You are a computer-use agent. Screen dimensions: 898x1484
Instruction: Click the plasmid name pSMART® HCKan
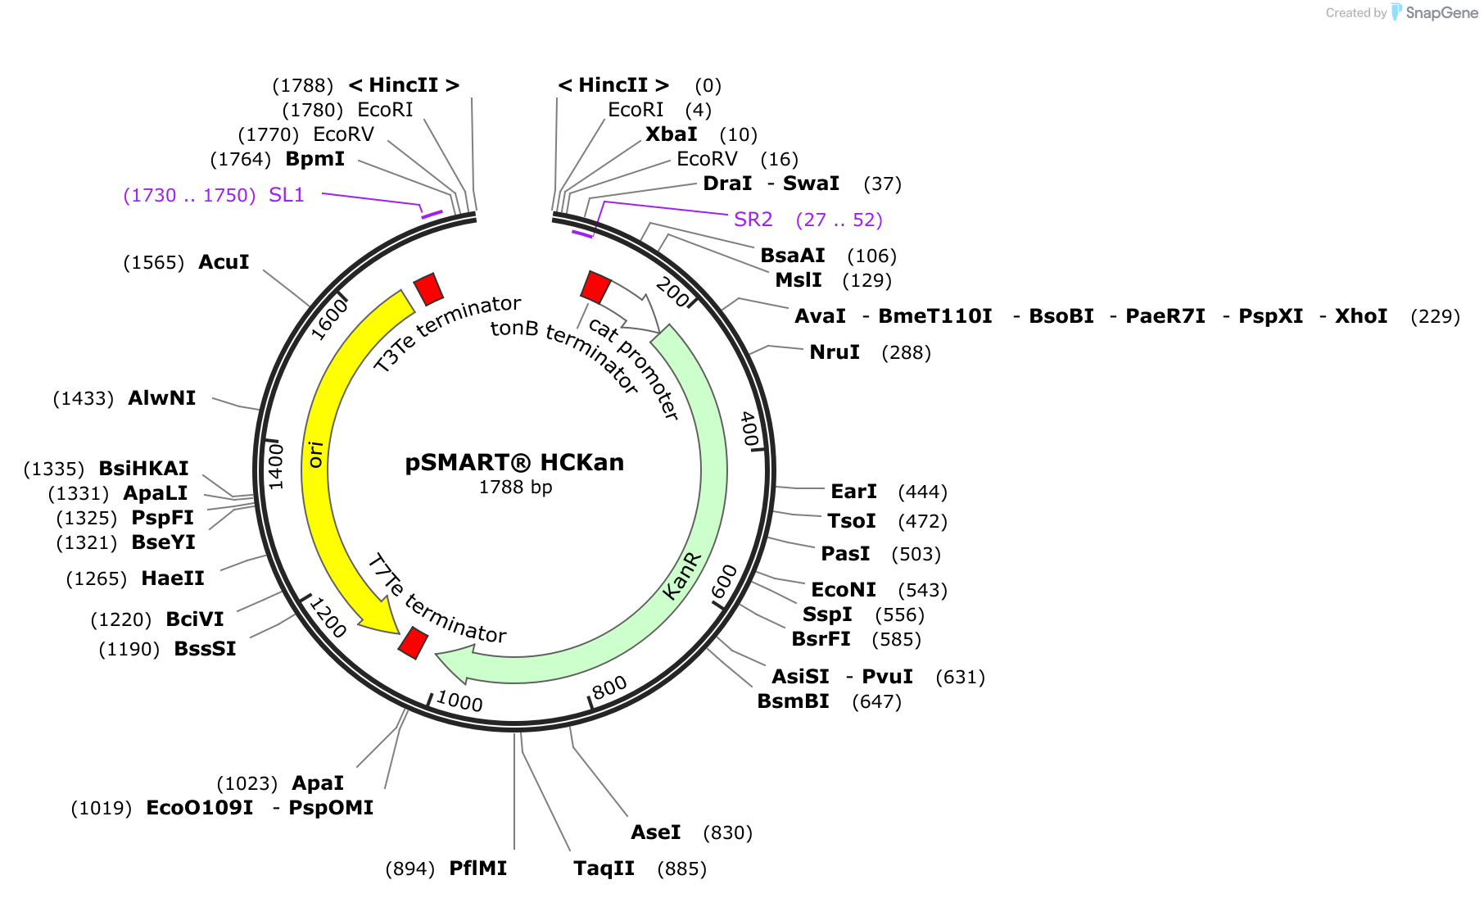coord(514,463)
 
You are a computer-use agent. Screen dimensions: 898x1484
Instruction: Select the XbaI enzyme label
coord(671,134)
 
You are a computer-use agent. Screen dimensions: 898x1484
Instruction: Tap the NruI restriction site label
coord(834,352)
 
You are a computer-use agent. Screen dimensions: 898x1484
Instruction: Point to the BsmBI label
coord(793,701)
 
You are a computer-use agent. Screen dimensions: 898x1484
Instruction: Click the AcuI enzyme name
coord(224,262)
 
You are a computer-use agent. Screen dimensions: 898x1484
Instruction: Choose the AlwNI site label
coord(161,398)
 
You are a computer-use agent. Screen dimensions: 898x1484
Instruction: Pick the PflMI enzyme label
coord(477,869)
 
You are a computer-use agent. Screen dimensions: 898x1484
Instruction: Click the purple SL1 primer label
coord(286,195)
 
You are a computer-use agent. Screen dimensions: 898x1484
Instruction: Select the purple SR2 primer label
coord(753,220)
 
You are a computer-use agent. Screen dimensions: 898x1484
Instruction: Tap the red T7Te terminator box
coord(413,642)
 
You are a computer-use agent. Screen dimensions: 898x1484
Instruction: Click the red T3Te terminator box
coord(428,289)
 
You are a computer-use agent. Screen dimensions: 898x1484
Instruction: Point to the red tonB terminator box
coord(595,287)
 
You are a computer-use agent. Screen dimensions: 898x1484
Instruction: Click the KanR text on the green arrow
coord(681,575)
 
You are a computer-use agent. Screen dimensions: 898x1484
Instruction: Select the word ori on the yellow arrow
coord(315,454)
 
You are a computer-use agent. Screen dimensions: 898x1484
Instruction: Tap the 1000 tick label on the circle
coord(459,701)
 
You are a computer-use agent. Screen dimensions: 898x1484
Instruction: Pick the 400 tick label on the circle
coord(749,429)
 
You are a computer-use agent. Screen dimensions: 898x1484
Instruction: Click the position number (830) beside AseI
coord(727,833)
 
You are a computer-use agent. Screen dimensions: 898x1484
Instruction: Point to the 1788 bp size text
coord(515,488)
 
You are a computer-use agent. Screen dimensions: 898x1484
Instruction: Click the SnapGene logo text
coord(1441,13)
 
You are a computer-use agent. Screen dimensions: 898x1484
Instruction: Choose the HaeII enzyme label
coord(172,578)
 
